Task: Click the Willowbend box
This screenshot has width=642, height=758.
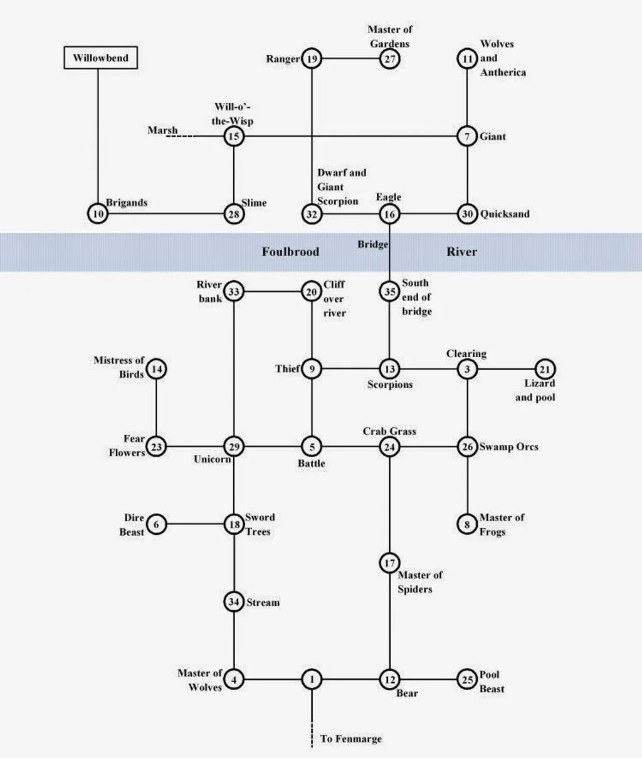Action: click(100, 58)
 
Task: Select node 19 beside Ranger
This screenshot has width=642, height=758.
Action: click(312, 59)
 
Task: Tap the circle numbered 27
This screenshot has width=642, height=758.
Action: click(389, 59)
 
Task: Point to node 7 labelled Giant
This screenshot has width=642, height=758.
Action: click(467, 137)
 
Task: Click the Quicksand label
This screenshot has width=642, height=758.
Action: click(505, 214)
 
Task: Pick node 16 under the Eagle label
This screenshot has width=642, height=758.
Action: click(389, 214)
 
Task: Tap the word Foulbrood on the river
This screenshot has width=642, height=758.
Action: click(290, 252)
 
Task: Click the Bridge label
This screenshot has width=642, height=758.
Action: click(372, 244)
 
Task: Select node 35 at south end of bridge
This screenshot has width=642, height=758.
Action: click(389, 291)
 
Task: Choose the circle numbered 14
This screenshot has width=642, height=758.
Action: click(156, 369)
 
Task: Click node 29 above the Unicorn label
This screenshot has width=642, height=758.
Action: click(234, 447)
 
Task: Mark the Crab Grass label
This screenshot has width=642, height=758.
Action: click(389, 431)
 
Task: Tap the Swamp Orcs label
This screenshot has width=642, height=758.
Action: click(508, 447)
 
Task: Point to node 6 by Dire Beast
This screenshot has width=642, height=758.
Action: click(156, 524)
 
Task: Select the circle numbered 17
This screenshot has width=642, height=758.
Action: click(389, 563)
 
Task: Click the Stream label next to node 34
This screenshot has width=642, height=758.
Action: click(263, 602)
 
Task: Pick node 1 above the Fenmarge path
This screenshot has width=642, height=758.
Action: click(312, 679)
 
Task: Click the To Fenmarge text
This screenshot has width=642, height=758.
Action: click(351, 739)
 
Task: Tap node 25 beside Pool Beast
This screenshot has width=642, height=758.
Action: click(467, 679)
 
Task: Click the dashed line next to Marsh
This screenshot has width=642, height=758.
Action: click(181, 137)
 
